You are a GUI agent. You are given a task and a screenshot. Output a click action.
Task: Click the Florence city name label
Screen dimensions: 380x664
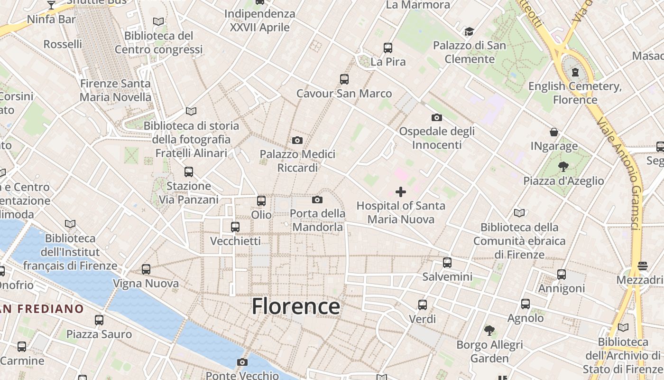point(295,306)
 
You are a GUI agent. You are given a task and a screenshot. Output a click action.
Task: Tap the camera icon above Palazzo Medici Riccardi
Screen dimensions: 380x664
point(297,140)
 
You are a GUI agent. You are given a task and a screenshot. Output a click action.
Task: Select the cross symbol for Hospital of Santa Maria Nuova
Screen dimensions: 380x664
point(401,192)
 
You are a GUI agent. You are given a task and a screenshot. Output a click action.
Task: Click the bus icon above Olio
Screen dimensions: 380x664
point(261,201)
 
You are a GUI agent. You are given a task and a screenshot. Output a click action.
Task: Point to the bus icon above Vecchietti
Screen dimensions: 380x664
point(235,227)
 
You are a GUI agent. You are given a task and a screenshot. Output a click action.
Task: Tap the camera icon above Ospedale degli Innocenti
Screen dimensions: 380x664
point(436,117)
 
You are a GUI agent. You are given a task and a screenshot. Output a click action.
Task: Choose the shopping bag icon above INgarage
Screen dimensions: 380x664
point(554,132)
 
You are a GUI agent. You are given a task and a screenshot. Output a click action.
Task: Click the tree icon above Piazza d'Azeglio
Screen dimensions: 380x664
point(563,167)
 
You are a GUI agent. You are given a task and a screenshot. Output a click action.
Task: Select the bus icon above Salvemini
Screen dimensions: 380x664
point(447,263)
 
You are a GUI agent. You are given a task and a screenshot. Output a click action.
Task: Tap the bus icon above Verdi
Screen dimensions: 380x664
point(422,305)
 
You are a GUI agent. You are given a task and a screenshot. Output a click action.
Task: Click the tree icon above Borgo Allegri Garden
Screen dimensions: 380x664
point(489,331)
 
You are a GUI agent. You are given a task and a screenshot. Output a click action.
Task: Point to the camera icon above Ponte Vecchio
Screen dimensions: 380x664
point(242,362)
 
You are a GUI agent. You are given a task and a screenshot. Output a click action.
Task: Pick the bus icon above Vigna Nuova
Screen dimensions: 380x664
point(146,269)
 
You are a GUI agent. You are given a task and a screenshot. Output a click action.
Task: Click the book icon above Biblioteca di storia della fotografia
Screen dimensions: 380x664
point(191,111)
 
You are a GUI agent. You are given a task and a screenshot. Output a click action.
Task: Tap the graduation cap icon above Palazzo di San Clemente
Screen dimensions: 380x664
point(469,32)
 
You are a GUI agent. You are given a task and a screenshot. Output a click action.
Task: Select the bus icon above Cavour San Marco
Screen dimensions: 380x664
point(344,79)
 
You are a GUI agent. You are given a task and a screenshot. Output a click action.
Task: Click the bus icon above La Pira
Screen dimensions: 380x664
point(388,48)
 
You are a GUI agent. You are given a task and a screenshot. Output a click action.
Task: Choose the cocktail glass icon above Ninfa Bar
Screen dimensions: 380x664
point(51,5)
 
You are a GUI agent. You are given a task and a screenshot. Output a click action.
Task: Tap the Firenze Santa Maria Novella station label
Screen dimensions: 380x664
point(115,90)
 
